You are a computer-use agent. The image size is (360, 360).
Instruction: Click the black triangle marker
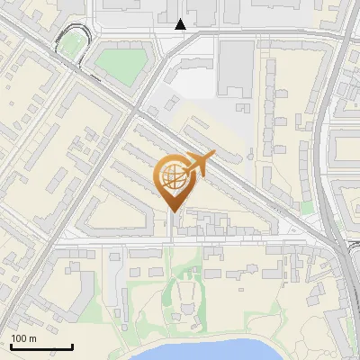182,24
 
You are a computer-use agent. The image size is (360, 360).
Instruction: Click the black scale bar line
41,346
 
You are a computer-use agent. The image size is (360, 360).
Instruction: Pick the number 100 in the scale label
19,338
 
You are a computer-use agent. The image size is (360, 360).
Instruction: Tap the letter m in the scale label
33,338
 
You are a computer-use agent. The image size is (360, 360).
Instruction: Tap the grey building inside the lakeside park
186,296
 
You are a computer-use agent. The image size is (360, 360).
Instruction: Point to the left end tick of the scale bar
11,345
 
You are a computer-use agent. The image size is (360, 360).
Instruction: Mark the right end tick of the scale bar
72,345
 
